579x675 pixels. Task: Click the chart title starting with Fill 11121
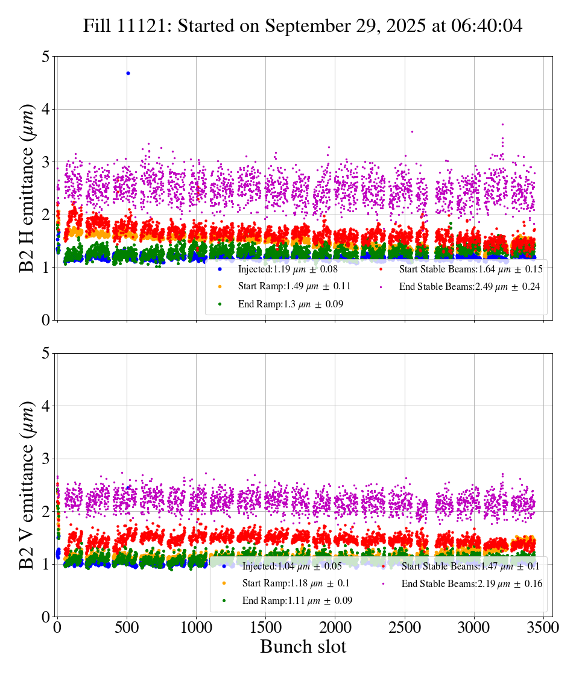point(303,26)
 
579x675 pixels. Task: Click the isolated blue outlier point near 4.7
point(128,73)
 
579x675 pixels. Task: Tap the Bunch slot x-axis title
point(303,647)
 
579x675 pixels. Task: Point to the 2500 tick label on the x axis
point(405,627)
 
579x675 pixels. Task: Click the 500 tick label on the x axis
point(127,627)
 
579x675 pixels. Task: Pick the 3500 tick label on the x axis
point(543,627)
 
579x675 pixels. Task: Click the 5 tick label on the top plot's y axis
point(46,57)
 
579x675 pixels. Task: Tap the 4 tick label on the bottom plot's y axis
point(46,406)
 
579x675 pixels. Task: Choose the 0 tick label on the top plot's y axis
point(46,321)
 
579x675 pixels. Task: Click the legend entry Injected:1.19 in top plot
point(287,269)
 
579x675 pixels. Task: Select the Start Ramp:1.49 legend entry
point(294,286)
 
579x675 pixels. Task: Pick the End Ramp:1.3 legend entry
point(290,304)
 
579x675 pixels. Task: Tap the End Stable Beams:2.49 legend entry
point(469,287)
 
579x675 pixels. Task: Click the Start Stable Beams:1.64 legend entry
point(470,269)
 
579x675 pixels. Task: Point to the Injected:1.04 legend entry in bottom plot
point(291,566)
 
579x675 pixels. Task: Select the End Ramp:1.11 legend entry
point(297,601)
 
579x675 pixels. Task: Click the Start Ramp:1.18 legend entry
point(296,583)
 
